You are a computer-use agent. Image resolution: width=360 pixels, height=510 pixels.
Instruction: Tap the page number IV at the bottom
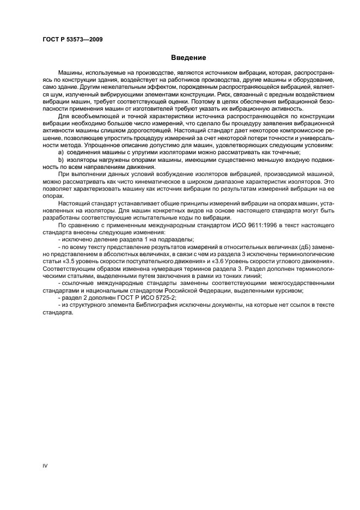[x=45, y=465]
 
